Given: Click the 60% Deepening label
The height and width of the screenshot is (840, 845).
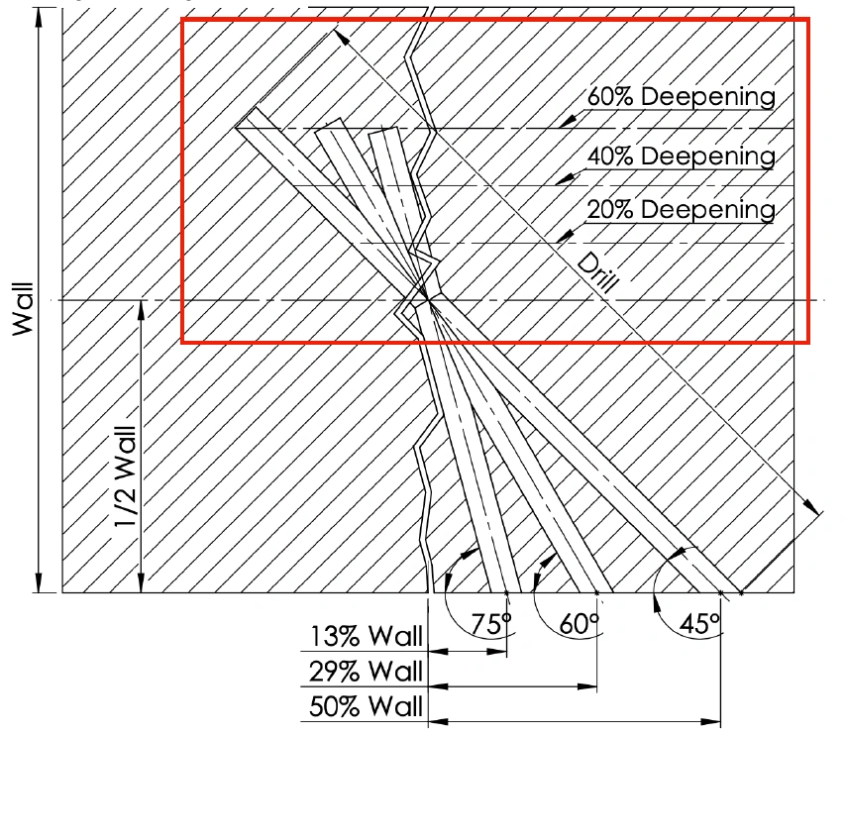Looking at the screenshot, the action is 682,96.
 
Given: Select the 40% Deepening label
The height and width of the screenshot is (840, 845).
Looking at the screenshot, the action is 682,156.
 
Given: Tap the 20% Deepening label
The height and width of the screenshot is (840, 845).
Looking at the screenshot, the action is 682,209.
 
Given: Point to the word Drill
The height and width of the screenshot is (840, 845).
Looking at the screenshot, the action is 598,272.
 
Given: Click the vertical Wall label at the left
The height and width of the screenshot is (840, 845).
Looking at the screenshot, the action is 23,309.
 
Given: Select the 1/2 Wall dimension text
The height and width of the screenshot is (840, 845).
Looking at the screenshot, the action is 126,476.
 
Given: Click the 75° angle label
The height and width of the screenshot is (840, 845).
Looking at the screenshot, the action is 491,624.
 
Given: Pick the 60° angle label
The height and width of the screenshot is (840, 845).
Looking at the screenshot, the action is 580,624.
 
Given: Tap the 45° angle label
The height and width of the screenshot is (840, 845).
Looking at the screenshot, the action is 700,624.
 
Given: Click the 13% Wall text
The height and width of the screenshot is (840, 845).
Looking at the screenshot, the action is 366,636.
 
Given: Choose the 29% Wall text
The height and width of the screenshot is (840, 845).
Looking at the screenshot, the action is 366,672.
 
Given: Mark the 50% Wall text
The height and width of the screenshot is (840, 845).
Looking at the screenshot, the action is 366,707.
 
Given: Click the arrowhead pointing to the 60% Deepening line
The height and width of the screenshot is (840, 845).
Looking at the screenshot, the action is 567,121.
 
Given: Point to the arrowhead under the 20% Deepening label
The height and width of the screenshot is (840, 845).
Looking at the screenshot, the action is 565,236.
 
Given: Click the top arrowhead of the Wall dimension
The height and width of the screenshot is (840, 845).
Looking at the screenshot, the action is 39,18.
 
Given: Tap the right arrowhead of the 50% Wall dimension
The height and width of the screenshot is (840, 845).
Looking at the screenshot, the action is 710,721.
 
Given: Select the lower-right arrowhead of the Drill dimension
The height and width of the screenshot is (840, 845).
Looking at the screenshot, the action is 811,506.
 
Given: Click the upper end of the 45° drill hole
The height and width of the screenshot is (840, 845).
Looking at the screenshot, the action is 246,118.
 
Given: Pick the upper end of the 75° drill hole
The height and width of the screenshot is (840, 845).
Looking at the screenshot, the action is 383,131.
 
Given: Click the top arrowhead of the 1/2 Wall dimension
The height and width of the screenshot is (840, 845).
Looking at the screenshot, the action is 142,310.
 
